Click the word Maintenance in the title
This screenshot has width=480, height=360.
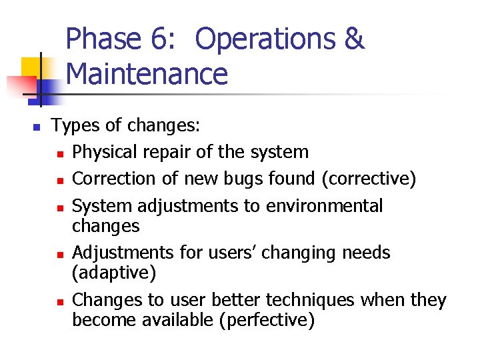[x=147, y=74]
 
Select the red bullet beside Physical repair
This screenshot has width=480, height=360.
[x=60, y=153]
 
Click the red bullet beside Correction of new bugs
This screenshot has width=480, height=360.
[x=60, y=180]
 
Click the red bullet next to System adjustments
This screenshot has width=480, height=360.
[x=60, y=207]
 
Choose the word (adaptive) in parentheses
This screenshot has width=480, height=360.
[x=113, y=273]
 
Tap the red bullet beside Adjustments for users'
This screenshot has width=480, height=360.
[x=60, y=254]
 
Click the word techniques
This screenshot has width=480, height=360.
[x=311, y=300]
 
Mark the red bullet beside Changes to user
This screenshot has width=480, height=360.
[x=60, y=301]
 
